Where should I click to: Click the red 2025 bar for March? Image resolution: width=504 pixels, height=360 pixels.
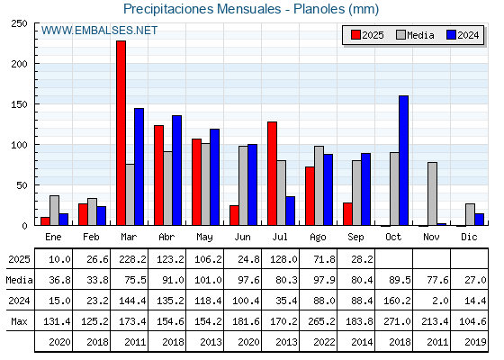pos(121,133)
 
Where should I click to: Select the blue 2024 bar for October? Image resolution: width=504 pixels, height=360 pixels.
pos(403,160)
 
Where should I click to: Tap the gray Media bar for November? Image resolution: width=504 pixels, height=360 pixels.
pos(432,193)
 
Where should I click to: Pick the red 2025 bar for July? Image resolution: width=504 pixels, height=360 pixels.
pos(272,174)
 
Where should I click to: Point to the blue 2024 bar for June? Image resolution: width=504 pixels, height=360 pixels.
pos(252,184)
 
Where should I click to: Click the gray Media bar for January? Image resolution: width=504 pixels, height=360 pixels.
pos(54,211)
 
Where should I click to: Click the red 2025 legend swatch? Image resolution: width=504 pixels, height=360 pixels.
pos(355,35)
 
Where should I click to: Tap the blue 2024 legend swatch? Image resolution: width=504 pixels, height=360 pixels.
pos(451,35)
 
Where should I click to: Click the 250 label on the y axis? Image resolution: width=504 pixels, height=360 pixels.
pos(19,23)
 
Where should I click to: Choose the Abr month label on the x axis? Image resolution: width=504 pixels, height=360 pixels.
pos(166,238)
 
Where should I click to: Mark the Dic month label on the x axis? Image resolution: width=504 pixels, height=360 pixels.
pos(469,238)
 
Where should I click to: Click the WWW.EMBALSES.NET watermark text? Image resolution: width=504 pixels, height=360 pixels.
pos(99,31)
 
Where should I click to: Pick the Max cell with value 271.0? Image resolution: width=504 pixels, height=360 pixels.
pos(397,321)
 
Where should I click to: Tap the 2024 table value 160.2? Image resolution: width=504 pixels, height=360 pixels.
pos(397,301)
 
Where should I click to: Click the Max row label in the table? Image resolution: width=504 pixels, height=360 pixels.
pos(19,321)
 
